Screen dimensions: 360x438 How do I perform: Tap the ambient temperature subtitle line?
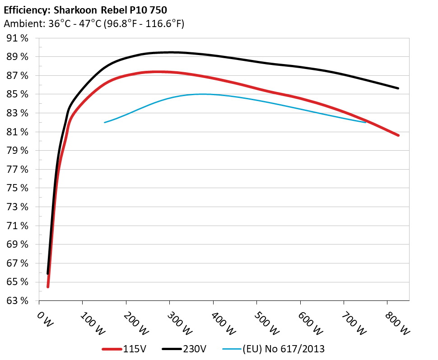[94, 24]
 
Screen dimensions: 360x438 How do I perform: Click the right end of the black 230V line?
[398, 88]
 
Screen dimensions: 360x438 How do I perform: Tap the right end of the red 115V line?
[398, 135]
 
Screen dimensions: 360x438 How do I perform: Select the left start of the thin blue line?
[105, 122]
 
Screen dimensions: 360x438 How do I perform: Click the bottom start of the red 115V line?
[48, 286]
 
